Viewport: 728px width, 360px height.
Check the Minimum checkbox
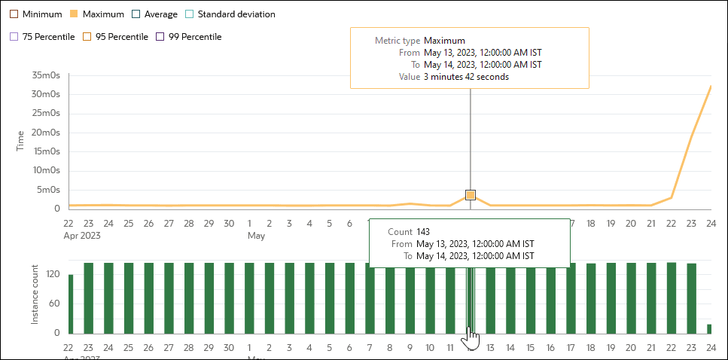pos(14,14)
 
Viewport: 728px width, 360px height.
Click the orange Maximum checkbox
pos(74,14)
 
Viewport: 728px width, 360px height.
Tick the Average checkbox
pos(136,14)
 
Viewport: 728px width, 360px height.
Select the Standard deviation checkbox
pos(190,14)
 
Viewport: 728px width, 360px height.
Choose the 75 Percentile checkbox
pos(14,36)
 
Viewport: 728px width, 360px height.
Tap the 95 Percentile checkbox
pos(87,36)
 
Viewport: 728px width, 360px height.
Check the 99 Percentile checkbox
pos(160,36)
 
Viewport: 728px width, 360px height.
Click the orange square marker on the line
pos(471,195)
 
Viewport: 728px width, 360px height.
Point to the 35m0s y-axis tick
pos(47,75)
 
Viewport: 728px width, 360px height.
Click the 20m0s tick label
pos(47,133)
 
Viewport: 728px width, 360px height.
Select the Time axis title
pos(21,141)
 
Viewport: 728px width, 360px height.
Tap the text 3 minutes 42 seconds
pos(466,77)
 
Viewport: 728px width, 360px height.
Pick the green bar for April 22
pos(71,304)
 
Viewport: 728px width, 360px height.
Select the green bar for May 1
pos(250,298)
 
